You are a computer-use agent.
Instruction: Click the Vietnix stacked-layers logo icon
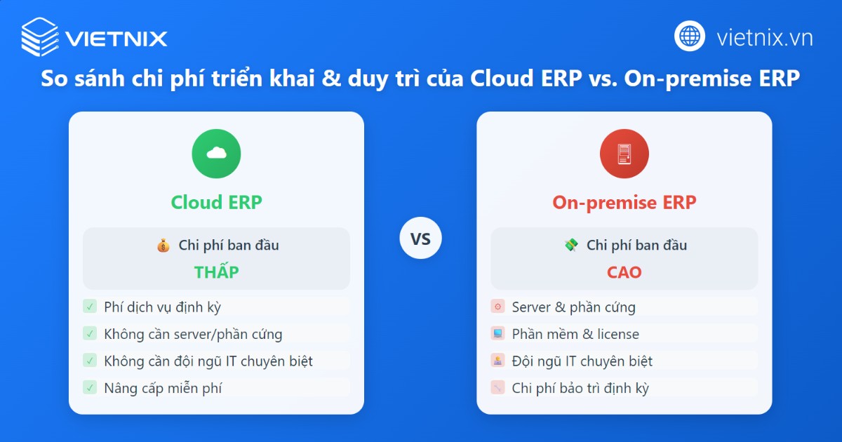pyautogui.click(x=39, y=36)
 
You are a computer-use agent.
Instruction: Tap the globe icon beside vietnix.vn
pyautogui.click(x=690, y=36)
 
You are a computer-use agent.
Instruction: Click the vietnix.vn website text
pyautogui.click(x=764, y=37)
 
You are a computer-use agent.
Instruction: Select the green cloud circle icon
pyautogui.click(x=216, y=154)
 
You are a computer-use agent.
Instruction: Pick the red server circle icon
pyautogui.click(x=624, y=154)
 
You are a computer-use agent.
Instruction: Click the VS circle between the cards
pyautogui.click(x=420, y=239)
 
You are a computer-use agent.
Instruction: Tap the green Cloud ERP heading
pyautogui.click(x=216, y=203)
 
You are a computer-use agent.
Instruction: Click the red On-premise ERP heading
pyautogui.click(x=624, y=203)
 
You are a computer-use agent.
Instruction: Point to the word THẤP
pyautogui.click(x=216, y=272)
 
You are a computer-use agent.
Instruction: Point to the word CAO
pyautogui.click(x=624, y=272)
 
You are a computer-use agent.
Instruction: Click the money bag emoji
pyautogui.click(x=163, y=246)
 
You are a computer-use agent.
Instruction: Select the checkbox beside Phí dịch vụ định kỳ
pyautogui.click(x=90, y=307)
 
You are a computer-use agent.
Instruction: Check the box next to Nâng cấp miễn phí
pyautogui.click(x=90, y=387)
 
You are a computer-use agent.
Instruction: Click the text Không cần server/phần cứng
pyautogui.click(x=193, y=334)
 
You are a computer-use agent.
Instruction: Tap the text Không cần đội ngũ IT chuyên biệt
pyautogui.click(x=208, y=361)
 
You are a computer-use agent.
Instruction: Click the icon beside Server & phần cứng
pyautogui.click(x=497, y=307)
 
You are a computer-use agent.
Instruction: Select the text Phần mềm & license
pyautogui.click(x=575, y=334)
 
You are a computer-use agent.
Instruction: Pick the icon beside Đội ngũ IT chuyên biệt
pyautogui.click(x=497, y=361)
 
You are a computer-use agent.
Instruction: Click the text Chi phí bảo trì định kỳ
pyautogui.click(x=580, y=388)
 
